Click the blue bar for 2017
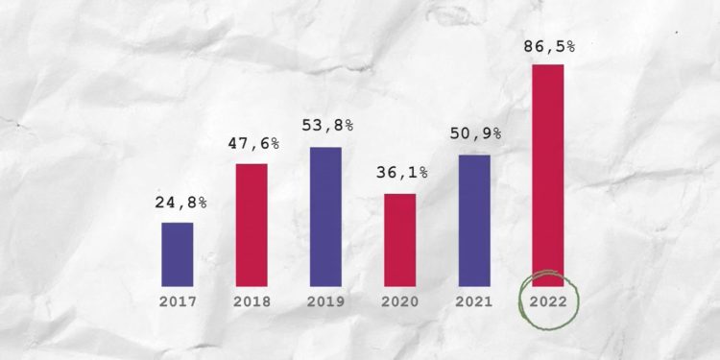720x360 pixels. pos(177,253)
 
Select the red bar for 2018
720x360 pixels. pos(252,225)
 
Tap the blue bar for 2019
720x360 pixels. pos(325,216)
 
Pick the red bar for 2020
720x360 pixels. pos(399,239)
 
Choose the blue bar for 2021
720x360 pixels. pos(474,220)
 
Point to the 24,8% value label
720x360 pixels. pos(181,204)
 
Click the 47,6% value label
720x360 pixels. pos(253,144)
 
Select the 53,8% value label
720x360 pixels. pos(328,127)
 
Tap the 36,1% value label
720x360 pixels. pos(402,175)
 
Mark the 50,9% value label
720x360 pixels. pos(476,134)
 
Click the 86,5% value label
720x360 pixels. pos(550,45)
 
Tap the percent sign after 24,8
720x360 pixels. pos(203,204)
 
